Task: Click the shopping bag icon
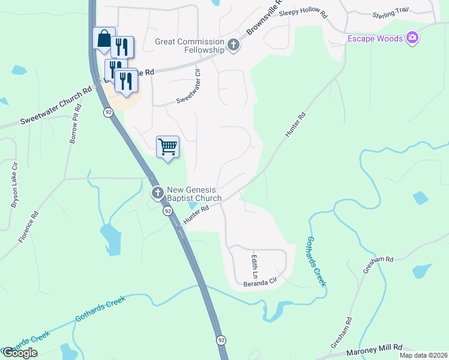[103, 39]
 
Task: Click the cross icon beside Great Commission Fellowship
[234, 45]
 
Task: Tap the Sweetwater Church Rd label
[55, 106]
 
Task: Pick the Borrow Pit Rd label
[75, 125]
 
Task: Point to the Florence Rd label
[28, 226]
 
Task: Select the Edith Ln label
[254, 264]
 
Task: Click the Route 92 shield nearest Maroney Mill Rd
[221, 340]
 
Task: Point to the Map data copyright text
[423, 355]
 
